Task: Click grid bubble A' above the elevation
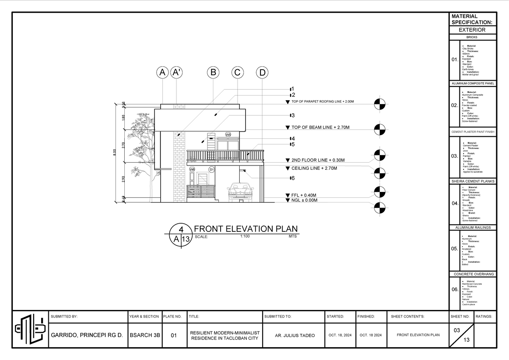coord(176,73)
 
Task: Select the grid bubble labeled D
coord(262,73)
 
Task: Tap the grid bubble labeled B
coord(213,73)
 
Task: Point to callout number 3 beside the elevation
coord(292,115)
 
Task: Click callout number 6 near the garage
coord(292,178)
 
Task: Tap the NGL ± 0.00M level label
coord(304,200)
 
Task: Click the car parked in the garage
coord(241,192)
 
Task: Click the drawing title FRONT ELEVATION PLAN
coord(246,229)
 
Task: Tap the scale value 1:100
coord(244,236)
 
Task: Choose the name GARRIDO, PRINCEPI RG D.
coord(87,335)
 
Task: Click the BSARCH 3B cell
coord(145,335)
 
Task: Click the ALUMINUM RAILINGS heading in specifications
coord(473,228)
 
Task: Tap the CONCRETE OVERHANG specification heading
coord(473,274)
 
